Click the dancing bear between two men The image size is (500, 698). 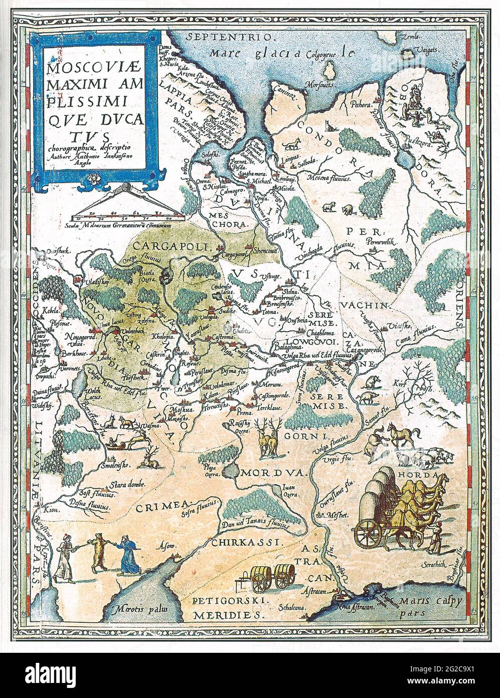(x=96, y=554)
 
